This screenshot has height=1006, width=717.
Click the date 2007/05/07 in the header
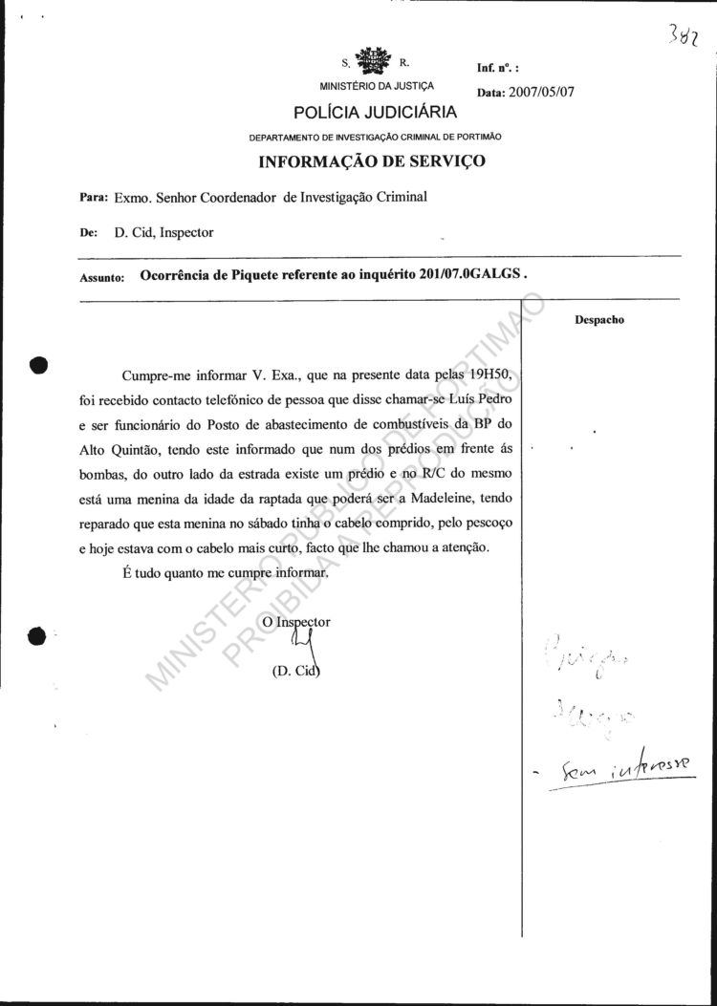point(541,94)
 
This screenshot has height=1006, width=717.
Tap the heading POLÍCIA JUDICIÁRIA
point(361,114)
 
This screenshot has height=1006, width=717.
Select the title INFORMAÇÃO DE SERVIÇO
point(372,161)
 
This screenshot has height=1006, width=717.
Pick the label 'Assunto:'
point(102,278)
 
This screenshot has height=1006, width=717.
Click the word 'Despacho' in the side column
point(599,320)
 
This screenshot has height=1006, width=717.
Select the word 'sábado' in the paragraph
point(293,523)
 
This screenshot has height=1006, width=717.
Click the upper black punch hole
point(38,364)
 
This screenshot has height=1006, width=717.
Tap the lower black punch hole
point(37,636)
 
